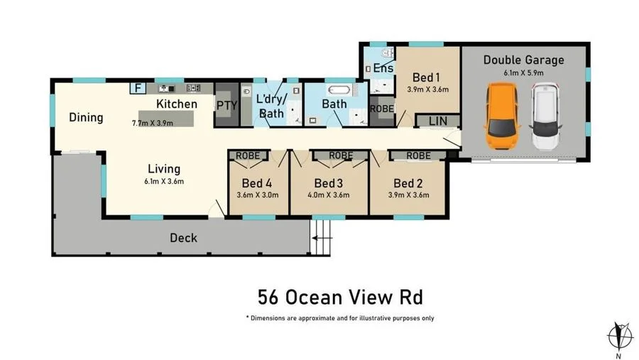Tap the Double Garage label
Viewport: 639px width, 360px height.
point(524,60)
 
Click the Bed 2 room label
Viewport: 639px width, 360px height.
point(408,182)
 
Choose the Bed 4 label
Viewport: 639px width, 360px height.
point(257,182)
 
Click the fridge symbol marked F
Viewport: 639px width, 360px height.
point(138,88)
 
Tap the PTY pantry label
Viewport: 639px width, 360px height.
point(226,107)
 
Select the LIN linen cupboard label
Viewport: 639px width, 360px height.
point(437,121)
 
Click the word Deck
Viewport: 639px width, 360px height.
point(183,238)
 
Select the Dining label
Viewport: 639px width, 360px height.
point(86,118)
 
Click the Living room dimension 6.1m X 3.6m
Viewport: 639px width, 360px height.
point(163,181)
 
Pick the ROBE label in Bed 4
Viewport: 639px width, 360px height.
point(247,155)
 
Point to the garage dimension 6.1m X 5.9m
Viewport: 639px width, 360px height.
point(524,72)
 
